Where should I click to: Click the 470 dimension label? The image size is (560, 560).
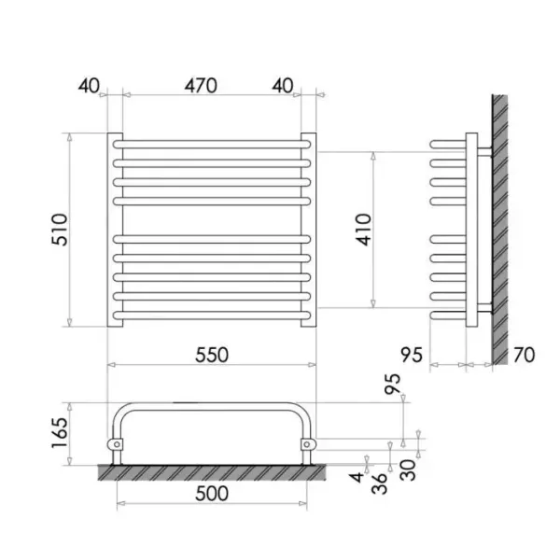pos(201,86)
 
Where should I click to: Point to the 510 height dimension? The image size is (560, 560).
pos(60,230)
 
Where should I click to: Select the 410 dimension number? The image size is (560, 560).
pos(364,230)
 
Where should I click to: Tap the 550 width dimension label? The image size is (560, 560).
pos(212,355)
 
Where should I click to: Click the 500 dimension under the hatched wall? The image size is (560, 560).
pos(212,493)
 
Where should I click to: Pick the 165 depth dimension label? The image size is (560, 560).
pos(60,433)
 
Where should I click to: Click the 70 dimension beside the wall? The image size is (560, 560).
pos(525,355)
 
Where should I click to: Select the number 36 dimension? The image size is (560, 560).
pos(379,483)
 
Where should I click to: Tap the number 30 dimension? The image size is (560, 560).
pos(408,470)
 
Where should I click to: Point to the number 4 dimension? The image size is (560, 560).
pos(357,476)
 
